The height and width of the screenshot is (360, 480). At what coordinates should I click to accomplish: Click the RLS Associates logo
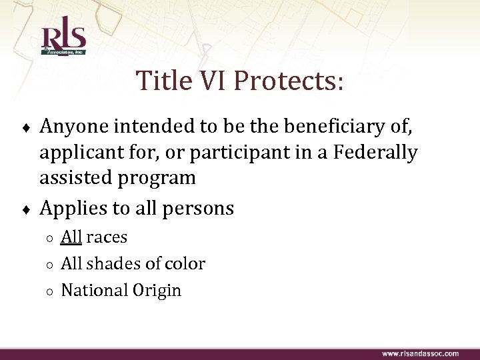tap(63, 41)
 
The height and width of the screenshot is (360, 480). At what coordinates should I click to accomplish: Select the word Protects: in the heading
tap(289, 81)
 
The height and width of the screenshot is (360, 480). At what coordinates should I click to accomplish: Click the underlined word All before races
tap(71, 237)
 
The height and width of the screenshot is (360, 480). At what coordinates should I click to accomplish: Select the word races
tap(107, 237)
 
